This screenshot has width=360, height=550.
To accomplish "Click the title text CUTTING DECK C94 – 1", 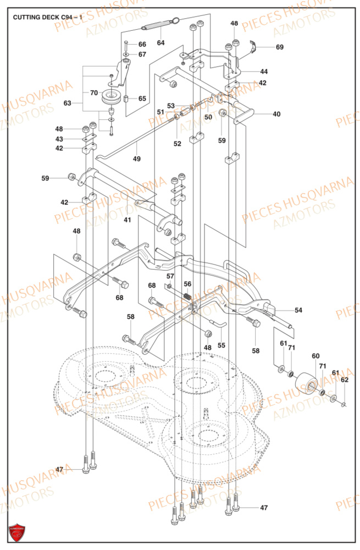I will [x=48, y=18].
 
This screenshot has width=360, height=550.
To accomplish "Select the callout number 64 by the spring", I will [x=160, y=42].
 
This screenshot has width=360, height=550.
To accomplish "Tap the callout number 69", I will [x=280, y=47].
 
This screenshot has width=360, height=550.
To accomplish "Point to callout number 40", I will [x=276, y=114].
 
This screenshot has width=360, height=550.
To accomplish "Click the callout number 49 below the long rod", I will [x=136, y=159].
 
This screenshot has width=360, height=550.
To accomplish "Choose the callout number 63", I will [x=68, y=103].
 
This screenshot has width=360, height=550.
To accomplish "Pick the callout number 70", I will [x=93, y=92].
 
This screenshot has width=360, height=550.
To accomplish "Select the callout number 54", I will [x=298, y=311].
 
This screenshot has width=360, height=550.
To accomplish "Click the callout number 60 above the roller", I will [x=315, y=357].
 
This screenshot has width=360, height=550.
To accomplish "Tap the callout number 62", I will [x=344, y=380].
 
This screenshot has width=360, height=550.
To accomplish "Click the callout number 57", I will [x=170, y=276].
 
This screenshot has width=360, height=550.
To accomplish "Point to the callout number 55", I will [x=221, y=345].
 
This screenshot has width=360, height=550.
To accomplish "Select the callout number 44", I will [x=264, y=72].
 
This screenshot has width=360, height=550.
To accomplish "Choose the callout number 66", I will [x=142, y=44].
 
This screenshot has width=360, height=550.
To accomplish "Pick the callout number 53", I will [x=171, y=106].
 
